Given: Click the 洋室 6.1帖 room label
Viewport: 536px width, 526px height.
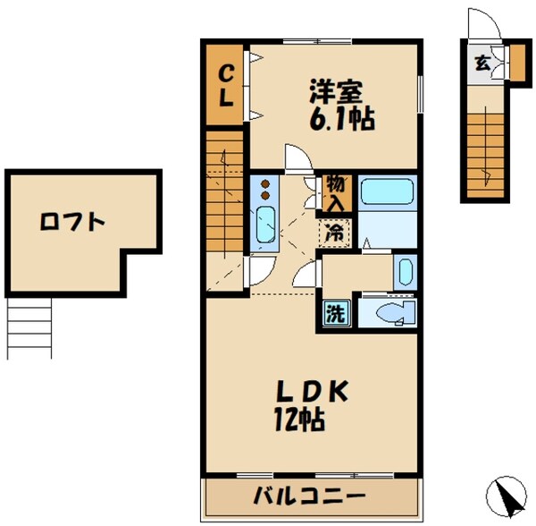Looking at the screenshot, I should point(340,103).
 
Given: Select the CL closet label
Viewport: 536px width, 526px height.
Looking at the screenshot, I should point(226,86).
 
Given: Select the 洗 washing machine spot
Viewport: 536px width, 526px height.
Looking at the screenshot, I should point(334,314).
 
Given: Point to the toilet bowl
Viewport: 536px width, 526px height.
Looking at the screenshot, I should point(390,312).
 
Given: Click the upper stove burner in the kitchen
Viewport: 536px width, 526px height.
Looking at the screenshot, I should point(267,182).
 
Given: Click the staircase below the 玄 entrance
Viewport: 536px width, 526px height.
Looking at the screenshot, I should point(487,148).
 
